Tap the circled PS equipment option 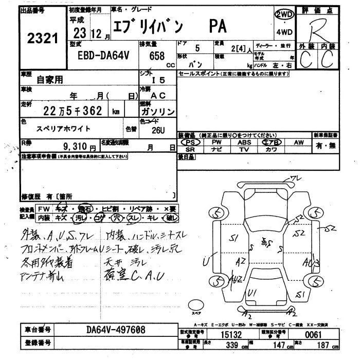(x=190, y=142)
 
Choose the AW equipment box (x=298, y=142)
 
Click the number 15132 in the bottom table (x=231, y=334)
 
